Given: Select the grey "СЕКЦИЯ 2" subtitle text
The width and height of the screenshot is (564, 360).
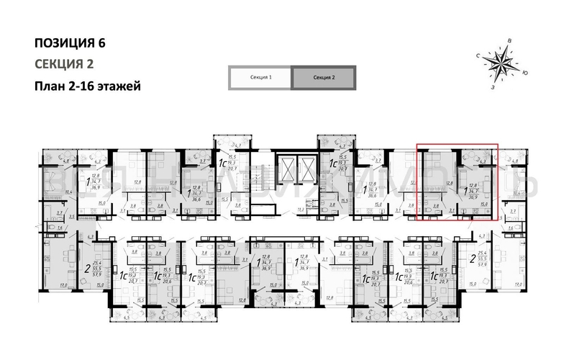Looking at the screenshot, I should pos(63,63).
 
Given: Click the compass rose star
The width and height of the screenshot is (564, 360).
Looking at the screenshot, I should pos(500,63).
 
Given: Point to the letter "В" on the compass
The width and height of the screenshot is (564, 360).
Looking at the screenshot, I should pos(509,41).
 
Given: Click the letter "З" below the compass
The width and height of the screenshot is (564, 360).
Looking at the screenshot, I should pos(492,87).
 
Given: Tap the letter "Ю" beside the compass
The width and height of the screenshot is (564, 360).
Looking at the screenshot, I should pos(526,73).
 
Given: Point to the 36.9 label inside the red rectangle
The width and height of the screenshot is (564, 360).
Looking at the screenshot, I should pos(472,196).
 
